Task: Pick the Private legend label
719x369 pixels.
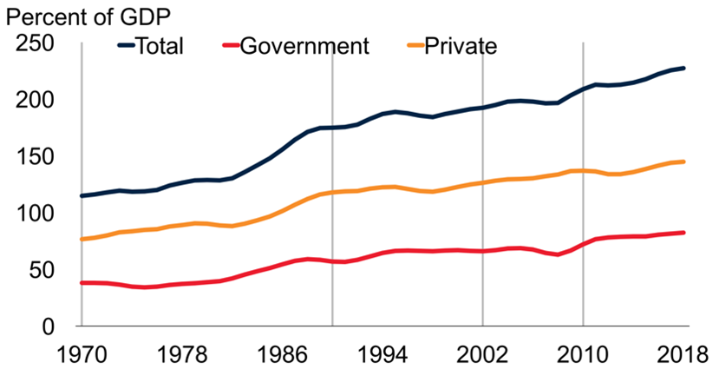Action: tap(460, 45)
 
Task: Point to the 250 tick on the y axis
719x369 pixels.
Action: tap(36, 43)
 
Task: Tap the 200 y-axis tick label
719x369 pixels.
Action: tap(36, 100)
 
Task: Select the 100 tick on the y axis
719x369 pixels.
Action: tap(36, 214)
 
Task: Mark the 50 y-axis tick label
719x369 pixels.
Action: tap(43, 270)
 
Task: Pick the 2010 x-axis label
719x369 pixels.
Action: tap(582, 354)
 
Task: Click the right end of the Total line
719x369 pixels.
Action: tap(684, 68)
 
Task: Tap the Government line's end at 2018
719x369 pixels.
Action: tap(684, 233)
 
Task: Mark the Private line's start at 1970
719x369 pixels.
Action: tap(81, 239)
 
